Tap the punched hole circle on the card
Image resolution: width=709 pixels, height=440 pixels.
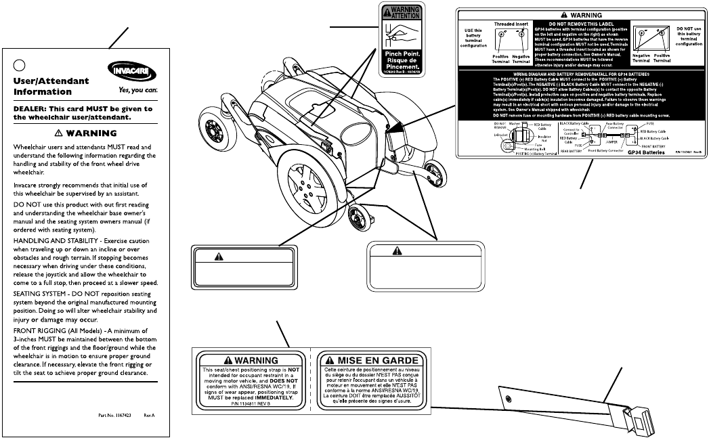tap(20, 65)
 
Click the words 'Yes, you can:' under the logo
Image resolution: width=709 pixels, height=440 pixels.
tap(137, 89)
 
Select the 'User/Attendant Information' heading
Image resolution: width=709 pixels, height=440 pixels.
tap(51, 86)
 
